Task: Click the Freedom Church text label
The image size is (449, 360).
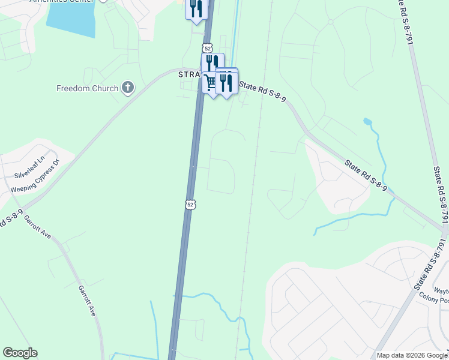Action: pos(87,88)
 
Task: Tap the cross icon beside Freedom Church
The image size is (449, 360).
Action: pos(127,88)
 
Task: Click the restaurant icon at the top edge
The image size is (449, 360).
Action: pos(196,9)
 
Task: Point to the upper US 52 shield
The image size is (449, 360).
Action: pos(207,47)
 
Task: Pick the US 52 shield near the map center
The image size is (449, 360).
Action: pos(190,205)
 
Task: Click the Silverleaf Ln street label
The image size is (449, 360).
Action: pos(29,167)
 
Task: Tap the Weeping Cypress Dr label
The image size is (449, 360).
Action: pos(36,178)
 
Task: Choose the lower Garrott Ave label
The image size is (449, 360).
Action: pos(86,300)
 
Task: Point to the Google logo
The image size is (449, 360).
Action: pos(20,353)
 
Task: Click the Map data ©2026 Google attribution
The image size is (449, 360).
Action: pos(412,355)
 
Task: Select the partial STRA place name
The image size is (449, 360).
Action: pos(188,74)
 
